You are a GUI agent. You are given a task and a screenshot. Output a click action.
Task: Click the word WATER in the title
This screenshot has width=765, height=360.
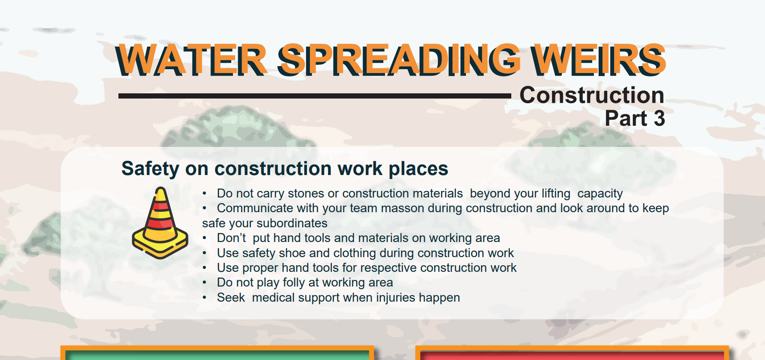coord(191,61)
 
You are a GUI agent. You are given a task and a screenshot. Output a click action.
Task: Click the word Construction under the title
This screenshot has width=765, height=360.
coord(592,95)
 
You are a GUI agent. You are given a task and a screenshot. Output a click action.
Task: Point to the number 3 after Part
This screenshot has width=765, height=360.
coord(659,118)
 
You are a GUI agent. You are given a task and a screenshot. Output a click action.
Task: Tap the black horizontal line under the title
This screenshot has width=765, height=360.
coord(314,96)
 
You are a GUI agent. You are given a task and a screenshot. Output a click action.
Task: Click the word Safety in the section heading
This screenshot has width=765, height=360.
coord(150,169)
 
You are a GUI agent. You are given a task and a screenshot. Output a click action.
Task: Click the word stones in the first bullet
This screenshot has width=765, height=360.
coord(306,193)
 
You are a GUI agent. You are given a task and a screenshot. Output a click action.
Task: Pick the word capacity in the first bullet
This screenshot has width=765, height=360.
coord(600,193)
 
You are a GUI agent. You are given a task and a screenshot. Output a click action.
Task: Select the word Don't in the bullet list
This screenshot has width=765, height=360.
coord(231,238)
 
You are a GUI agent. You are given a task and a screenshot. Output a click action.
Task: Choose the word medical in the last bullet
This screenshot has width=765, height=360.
coord(273,297)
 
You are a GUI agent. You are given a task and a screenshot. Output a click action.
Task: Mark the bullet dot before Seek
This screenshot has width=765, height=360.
coord(204,297)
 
